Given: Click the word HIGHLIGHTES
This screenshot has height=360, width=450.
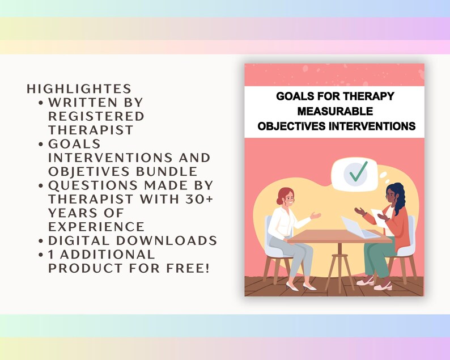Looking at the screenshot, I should (x=79, y=89).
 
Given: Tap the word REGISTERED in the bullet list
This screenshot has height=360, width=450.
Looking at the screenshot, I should (x=96, y=116).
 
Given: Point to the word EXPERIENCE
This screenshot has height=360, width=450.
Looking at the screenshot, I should (x=96, y=226).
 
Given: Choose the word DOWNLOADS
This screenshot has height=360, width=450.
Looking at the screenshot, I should (x=171, y=240).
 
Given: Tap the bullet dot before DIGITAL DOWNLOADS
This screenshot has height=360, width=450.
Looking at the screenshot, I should (x=42, y=241).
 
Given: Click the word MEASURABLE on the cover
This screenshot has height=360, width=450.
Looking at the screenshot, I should (x=335, y=111).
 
